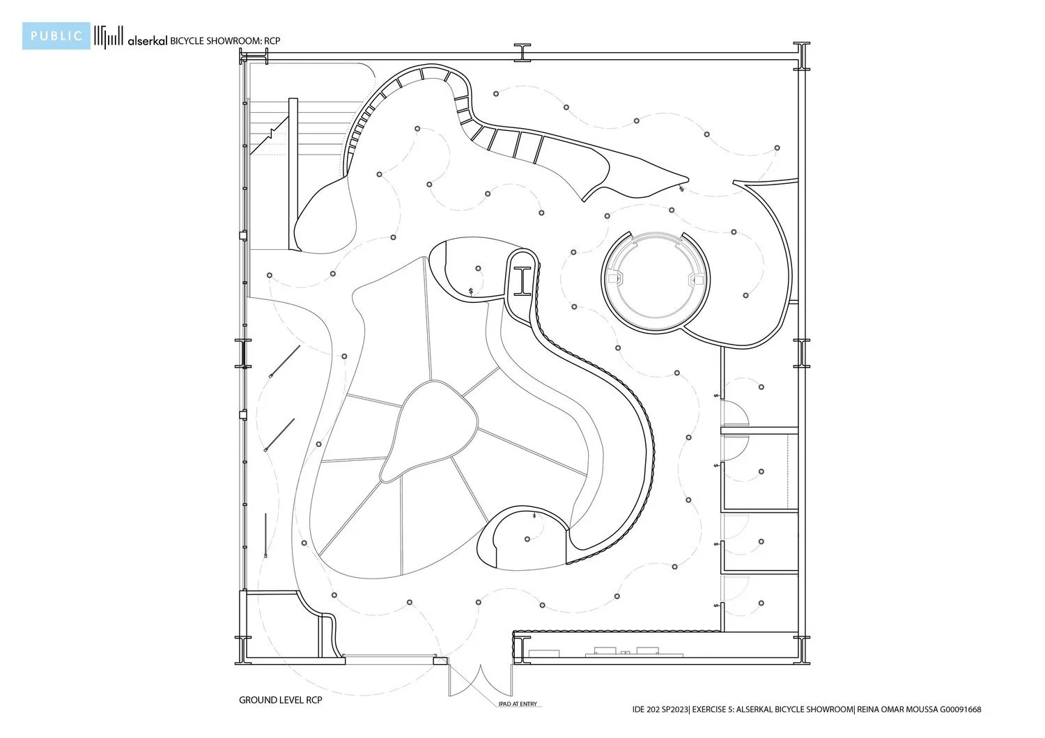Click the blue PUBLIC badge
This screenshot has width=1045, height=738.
click(x=56, y=36)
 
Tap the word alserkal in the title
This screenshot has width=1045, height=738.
click(x=148, y=41)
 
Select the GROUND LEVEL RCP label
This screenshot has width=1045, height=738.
click(x=280, y=700)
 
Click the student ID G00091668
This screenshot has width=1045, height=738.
click(x=961, y=709)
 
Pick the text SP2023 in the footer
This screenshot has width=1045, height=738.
click(x=674, y=709)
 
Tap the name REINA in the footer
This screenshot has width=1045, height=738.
click(x=869, y=709)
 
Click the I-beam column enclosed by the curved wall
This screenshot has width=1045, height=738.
click(x=522, y=281)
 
